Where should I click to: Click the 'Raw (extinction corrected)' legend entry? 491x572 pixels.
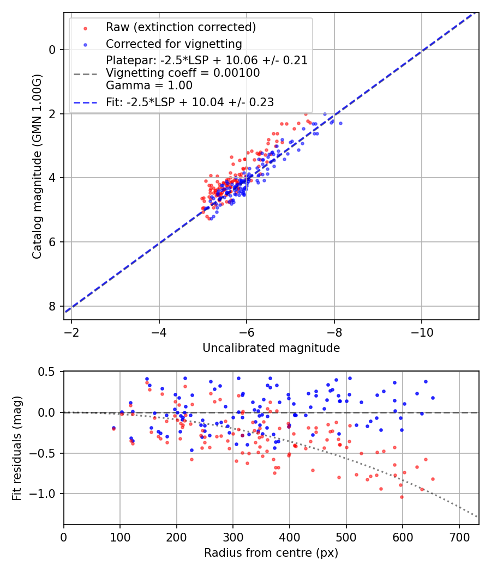[x=181, y=27]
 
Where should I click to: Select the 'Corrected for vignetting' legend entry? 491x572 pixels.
[x=173, y=44]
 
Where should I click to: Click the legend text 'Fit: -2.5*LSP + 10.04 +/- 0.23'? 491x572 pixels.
[x=190, y=102]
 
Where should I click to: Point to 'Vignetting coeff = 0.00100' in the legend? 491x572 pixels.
[x=183, y=72]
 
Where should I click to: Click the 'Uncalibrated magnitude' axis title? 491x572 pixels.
[x=271, y=348]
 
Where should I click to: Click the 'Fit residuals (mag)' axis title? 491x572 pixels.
[x=17, y=447]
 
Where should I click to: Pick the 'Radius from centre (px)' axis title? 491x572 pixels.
[x=271, y=553]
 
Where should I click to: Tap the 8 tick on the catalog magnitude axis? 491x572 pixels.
[x=52, y=306]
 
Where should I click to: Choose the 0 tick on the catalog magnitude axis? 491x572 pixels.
[x=52, y=50]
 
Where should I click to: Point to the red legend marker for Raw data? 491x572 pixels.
[x=85, y=27]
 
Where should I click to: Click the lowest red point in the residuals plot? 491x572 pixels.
[x=402, y=497]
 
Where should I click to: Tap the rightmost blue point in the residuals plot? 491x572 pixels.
[x=433, y=398]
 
